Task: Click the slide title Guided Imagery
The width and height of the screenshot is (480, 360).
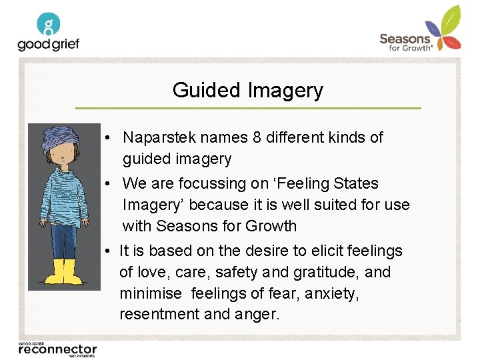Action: click(x=247, y=90)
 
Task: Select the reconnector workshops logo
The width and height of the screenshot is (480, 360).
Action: click(x=57, y=348)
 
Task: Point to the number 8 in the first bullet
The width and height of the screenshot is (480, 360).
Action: click(x=257, y=137)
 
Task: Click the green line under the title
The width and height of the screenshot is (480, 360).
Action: click(x=247, y=107)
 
